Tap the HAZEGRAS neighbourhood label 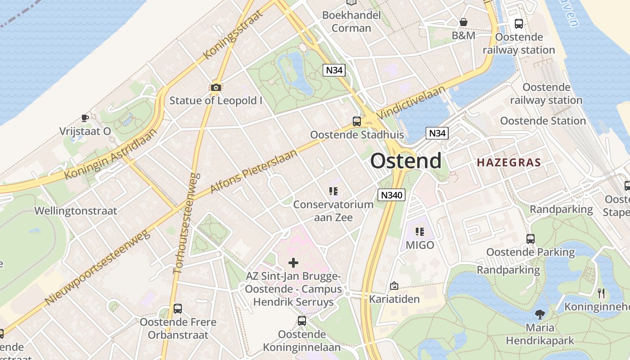point(508,162)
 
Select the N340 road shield point(391,195)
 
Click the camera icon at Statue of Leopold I point(216,87)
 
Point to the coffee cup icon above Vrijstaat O point(85,118)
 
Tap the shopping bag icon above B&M point(463,22)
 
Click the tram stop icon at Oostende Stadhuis point(356,121)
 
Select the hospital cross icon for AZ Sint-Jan point(293,262)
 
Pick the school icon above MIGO point(419,232)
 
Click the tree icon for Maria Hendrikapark point(540,314)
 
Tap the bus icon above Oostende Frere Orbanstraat point(178,309)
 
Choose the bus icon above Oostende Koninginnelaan point(301,321)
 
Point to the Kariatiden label point(394,299)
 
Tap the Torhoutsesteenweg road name point(185,223)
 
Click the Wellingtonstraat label point(76,211)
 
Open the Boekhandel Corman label point(351,21)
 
